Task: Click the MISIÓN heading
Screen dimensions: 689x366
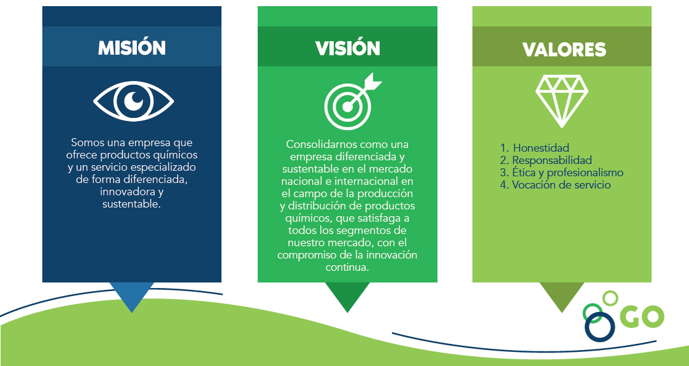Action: click(132, 47)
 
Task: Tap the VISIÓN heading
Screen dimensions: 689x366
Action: click(348, 48)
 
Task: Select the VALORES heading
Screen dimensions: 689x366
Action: click(564, 49)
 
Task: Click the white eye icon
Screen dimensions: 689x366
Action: click(134, 101)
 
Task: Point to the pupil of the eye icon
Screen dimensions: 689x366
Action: click(134, 101)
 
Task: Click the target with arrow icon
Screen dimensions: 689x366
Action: click(352, 101)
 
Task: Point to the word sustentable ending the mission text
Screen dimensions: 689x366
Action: click(131, 204)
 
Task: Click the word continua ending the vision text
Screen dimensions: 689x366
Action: click(346, 267)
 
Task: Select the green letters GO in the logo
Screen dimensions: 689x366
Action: click(642, 316)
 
